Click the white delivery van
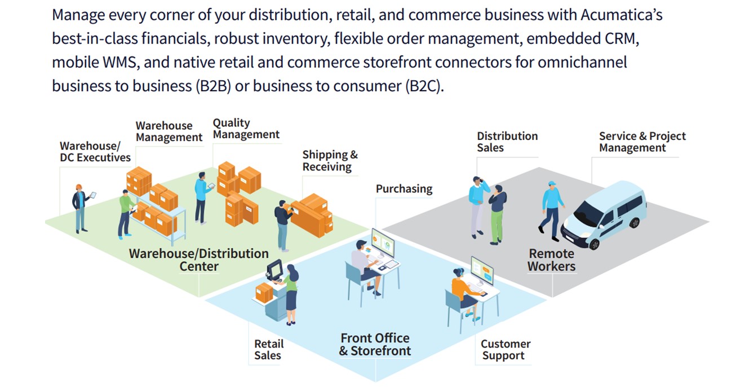click(605, 214)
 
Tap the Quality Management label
click(246, 129)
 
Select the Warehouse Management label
click(169, 131)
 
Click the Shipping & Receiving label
click(330, 161)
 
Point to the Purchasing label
click(404, 189)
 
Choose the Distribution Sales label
click(507, 142)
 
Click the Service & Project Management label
click(642, 142)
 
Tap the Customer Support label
click(505, 350)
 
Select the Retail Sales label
click(268, 350)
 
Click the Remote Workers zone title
click(551, 260)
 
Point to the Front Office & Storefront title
click(375, 344)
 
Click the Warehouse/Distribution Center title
click(198, 260)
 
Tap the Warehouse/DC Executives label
click(95, 152)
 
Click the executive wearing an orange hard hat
click(81, 208)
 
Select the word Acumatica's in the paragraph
click(621, 14)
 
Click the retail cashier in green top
click(291, 293)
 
